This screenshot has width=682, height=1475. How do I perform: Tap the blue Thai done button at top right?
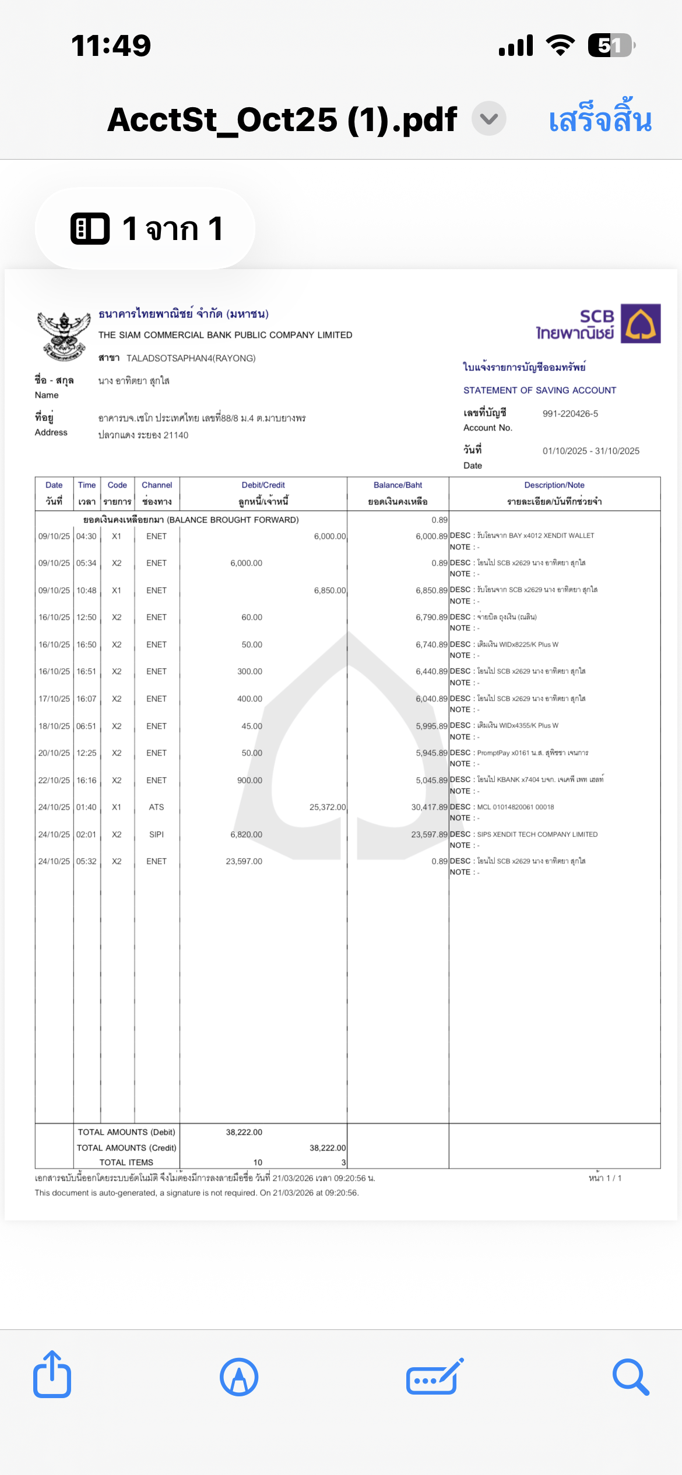pyautogui.click(x=600, y=119)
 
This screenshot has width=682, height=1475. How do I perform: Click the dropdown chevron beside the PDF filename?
pyautogui.click(x=488, y=119)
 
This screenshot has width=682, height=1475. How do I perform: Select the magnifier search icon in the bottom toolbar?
pyautogui.click(x=630, y=1377)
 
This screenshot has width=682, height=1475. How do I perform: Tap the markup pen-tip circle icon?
pyautogui.click(x=239, y=1377)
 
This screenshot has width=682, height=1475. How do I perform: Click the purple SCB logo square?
pyautogui.click(x=640, y=323)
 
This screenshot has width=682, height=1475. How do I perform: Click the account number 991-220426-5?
pyautogui.click(x=570, y=414)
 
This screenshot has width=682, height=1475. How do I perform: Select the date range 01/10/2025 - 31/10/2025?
pyautogui.click(x=590, y=451)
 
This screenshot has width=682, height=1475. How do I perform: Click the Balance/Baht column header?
pyautogui.click(x=398, y=485)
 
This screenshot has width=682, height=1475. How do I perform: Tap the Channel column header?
pyautogui.click(x=157, y=485)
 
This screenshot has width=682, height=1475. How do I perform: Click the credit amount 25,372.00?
pyautogui.click(x=327, y=807)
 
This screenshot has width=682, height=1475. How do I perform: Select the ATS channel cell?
pyautogui.click(x=156, y=807)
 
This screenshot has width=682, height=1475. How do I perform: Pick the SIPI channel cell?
pyautogui.click(x=156, y=835)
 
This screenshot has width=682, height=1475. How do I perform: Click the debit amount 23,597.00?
pyautogui.click(x=244, y=862)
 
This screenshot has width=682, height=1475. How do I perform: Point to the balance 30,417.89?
pyautogui.click(x=429, y=807)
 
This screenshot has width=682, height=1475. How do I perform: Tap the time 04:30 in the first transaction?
pyautogui.click(x=86, y=537)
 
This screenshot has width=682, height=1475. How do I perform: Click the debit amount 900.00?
pyautogui.click(x=249, y=781)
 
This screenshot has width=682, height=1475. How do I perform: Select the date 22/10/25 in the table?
pyautogui.click(x=54, y=781)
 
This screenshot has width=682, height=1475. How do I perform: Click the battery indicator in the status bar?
pyautogui.click(x=610, y=45)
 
